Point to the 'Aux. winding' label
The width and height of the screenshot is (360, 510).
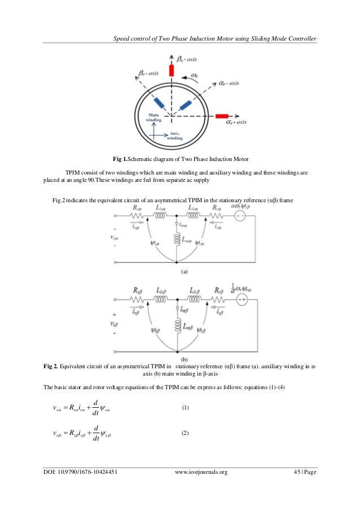pos(175,135)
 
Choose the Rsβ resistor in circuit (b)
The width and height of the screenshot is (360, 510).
pos(136,298)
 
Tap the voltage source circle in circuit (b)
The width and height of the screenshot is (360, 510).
pos(241,298)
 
